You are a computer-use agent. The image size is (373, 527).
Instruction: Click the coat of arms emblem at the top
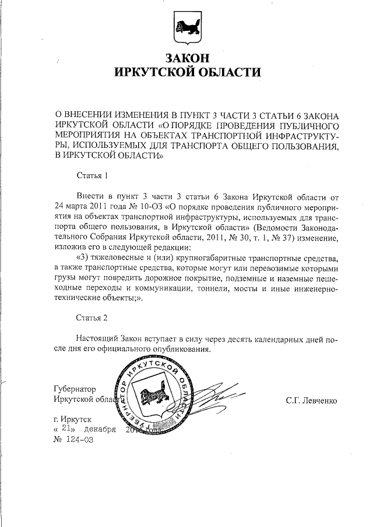(187, 29)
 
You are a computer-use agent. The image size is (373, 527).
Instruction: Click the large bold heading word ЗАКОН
(187, 58)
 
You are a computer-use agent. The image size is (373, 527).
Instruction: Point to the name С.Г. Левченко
(311, 400)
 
